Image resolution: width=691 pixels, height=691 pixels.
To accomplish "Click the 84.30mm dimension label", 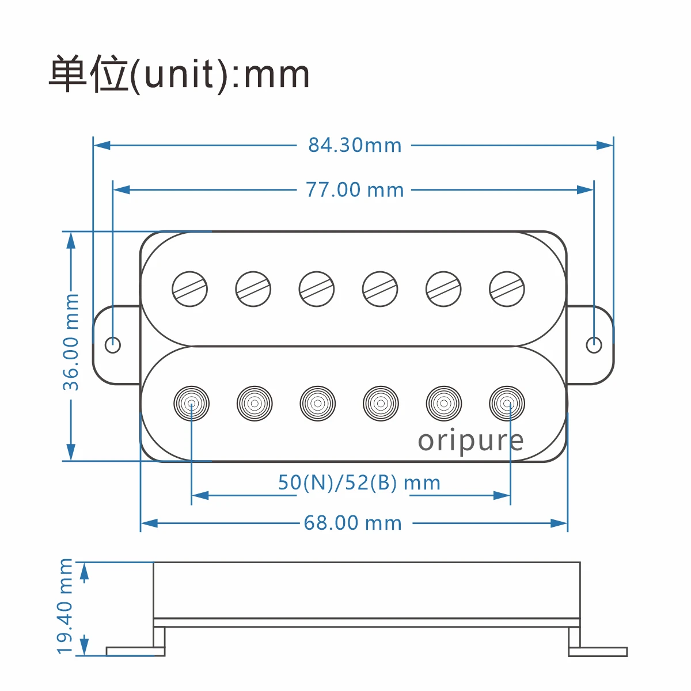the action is click(x=355, y=145).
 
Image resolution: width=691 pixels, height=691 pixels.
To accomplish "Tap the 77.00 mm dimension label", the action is click(x=355, y=189).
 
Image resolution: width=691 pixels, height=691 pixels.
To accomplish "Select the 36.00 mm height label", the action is click(x=71, y=342).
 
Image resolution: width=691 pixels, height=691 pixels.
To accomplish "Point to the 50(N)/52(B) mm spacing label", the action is click(x=359, y=483).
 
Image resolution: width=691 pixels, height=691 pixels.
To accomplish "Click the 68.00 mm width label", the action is click(x=352, y=523).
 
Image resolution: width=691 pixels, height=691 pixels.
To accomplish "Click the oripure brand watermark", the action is click(x=470, y=441).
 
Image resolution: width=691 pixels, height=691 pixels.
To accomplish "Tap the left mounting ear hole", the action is click(x=113, y=345).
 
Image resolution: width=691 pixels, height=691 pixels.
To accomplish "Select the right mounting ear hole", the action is click(x=594, y=345).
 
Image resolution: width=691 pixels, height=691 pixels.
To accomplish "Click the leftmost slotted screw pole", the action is click(x=190, y=289).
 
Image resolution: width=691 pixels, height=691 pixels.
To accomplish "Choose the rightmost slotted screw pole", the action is click(x=507, y=289).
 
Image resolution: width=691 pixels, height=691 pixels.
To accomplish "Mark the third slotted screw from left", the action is click(x=317, y=289).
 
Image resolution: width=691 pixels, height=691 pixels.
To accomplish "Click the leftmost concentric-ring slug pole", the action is click(x=191, y=403).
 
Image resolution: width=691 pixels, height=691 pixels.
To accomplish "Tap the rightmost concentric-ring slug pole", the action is click(x=507, y=403).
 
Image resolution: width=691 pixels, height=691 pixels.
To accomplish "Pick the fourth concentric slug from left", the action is click(x=381, y=403).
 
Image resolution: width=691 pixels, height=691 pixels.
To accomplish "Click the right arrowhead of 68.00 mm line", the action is click(x=559, y=523).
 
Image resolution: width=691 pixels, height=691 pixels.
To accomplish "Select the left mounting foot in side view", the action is click(x=136, y=651).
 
